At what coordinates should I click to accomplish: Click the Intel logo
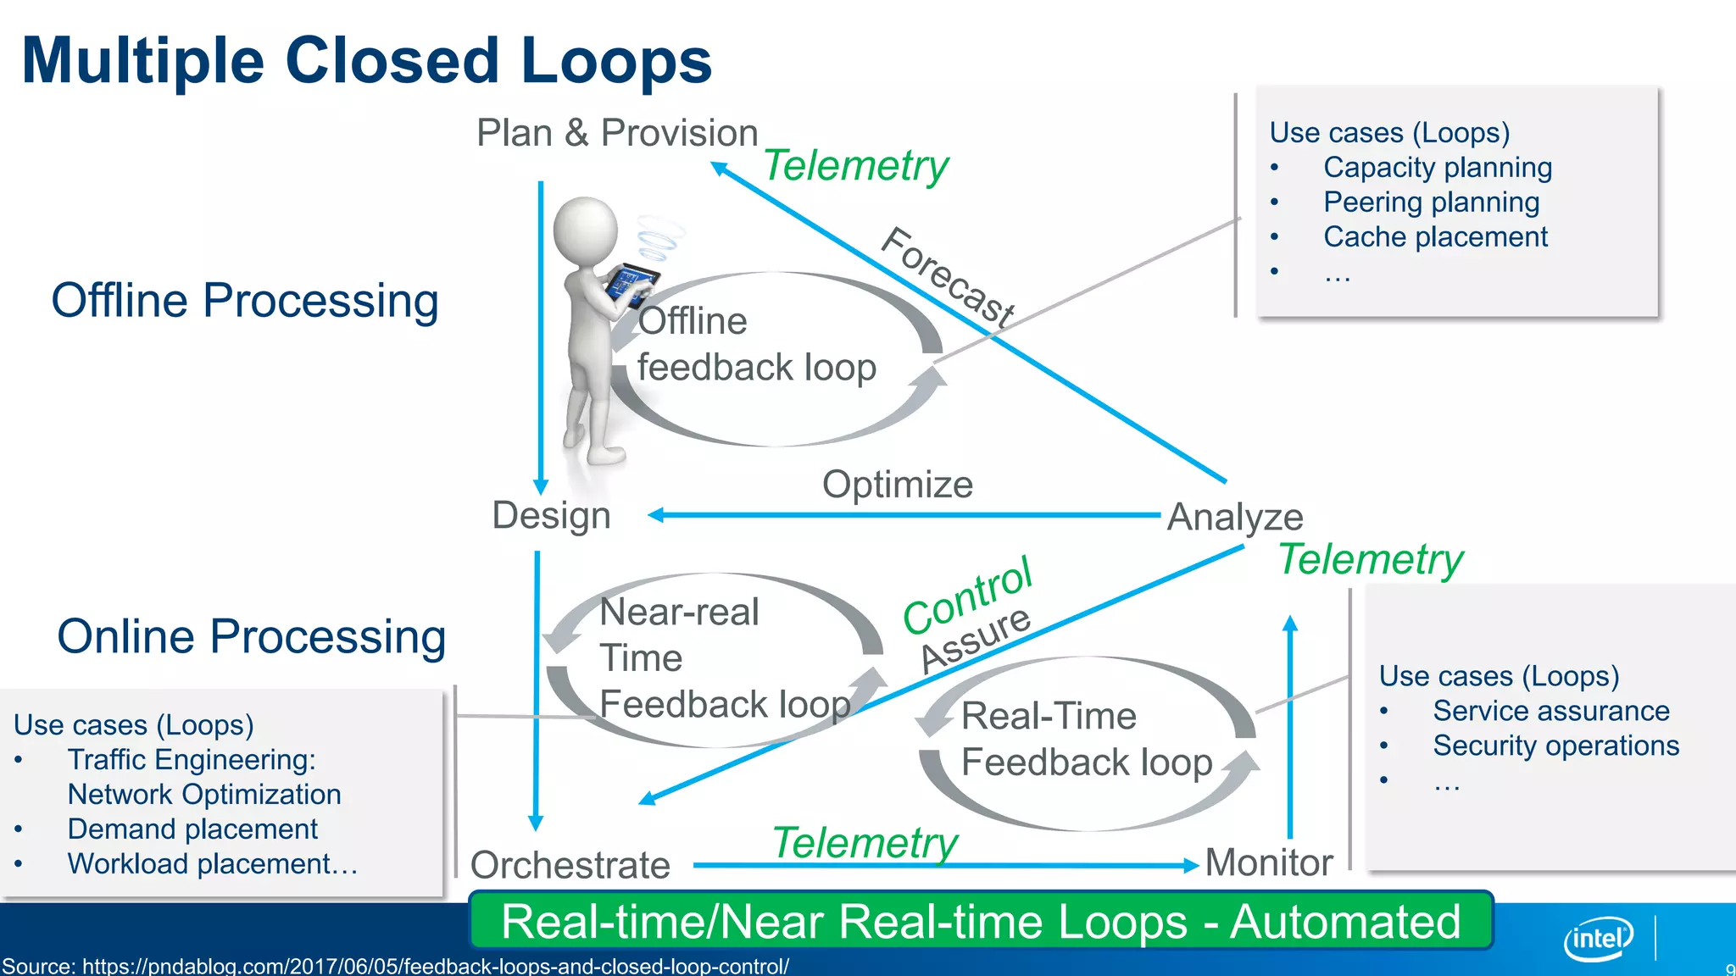click(1598, 938)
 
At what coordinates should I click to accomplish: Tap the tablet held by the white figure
click(632, 283)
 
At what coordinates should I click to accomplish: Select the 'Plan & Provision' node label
click(616, 133)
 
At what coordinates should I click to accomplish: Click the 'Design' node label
click(551, 515)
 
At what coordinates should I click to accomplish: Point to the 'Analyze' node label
click(1234, 517)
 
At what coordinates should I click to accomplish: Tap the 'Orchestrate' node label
click(570, 865)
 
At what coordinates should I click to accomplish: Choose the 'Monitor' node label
click(1268, 862)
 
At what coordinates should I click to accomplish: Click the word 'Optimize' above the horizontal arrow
click(897, 485)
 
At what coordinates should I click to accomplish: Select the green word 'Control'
click(967, 595)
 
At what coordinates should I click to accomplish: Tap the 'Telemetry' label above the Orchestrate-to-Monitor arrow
click(865, 843)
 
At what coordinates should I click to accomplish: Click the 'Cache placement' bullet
click(1435, 237)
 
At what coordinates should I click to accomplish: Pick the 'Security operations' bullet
click(1555, 746)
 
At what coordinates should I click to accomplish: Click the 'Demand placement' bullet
click(192, 829)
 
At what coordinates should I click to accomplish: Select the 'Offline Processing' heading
click(245, 301)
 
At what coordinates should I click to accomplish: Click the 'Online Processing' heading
click(251, 636)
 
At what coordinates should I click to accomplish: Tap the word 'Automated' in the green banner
click(1345, 922)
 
